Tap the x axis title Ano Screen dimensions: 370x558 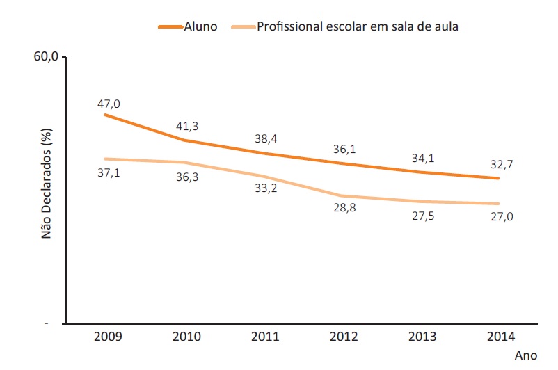pos(526,355)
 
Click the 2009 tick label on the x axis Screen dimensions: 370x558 pos(108,337)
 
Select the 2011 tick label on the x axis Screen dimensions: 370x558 pos(265,337)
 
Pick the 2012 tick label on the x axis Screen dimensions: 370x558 pos(344,337)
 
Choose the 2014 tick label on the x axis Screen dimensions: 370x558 pos(500,337)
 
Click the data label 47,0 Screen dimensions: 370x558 pos(109,104)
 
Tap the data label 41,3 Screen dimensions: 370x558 pos(187,127)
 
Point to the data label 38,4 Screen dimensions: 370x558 pos(266,138)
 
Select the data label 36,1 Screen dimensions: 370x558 pos(344,149)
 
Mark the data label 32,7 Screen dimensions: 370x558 pos(501,165)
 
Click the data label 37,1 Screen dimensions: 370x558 pos(109,172)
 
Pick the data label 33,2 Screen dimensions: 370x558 pos(266,188)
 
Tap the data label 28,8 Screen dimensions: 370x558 pos(344,209)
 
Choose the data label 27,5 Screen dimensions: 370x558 pos(422,215)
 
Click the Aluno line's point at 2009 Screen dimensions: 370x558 pos(104,114)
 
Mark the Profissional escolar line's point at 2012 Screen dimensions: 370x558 pos(344,196)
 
